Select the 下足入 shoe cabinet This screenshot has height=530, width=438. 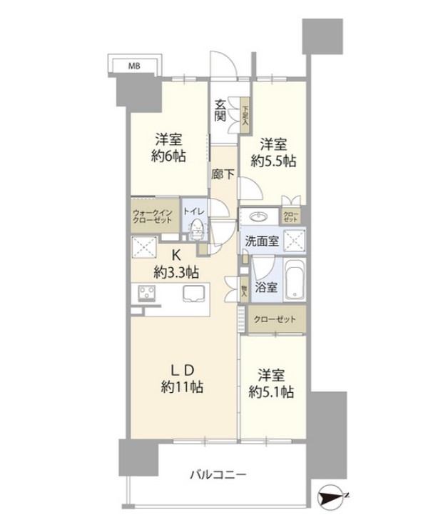point(244,114)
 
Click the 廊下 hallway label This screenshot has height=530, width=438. point(223,174)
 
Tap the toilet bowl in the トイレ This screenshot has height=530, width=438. point(195,228)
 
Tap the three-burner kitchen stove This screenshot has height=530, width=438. point(147,294)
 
